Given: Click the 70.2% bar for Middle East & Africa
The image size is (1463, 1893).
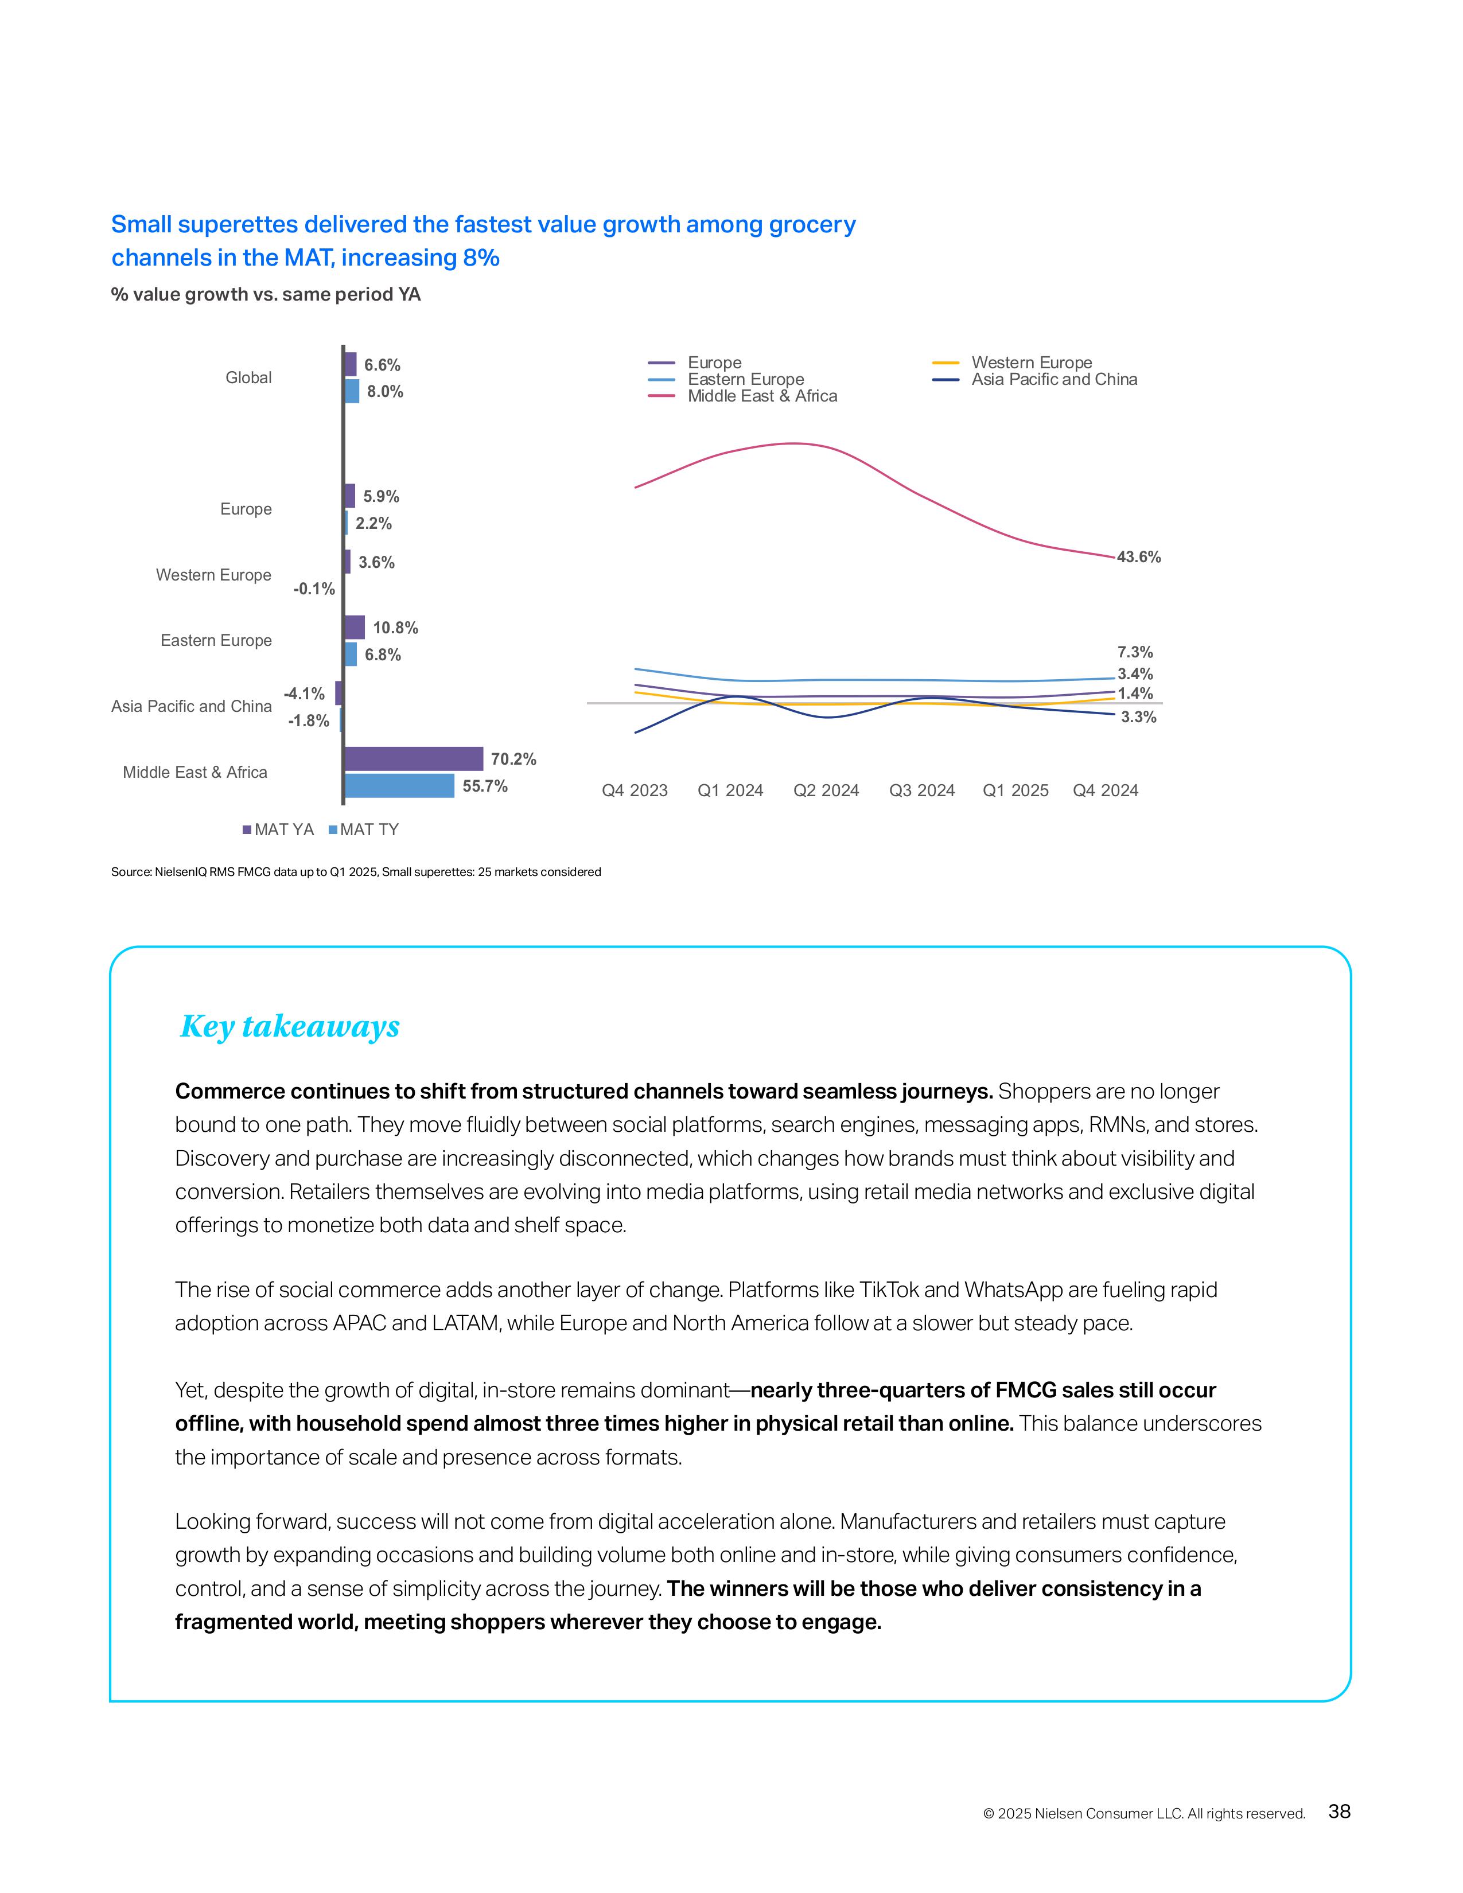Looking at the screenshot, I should tap(414, 758).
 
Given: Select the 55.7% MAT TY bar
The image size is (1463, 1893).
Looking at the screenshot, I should tap(399, 786).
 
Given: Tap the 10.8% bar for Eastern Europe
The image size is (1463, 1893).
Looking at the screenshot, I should tap(355, 626).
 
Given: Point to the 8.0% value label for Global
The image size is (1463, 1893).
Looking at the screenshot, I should tap(385, 392).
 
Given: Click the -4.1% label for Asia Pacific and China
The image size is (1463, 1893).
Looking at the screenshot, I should tap(304, 694).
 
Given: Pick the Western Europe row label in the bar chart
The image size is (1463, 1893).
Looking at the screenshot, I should tap(213, 575).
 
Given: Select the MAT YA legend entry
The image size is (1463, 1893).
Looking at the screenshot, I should tap(278, 829).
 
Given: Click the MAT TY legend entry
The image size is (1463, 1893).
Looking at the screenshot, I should tap(364, 829).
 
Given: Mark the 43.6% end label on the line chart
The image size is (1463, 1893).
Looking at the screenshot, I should tap(1138, 558).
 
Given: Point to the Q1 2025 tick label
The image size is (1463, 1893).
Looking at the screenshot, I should tap(1015, 790).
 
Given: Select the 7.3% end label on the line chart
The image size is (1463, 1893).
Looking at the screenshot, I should tap(1134, 652).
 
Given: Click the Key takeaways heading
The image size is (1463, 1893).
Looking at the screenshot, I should tap(290, 1026).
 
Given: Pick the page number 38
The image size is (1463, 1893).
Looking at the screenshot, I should tap(1339, 1812).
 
